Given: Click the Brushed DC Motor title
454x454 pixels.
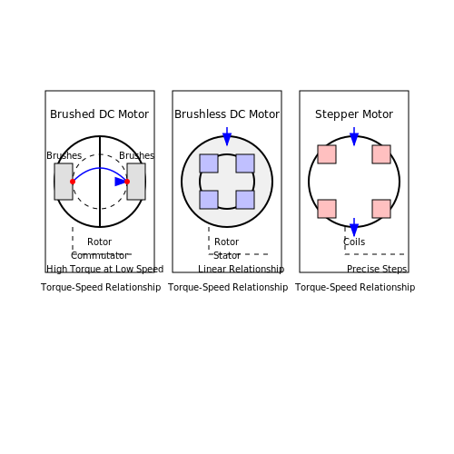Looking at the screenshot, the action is coord(99,114).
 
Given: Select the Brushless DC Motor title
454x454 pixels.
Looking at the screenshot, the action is coord(227,114).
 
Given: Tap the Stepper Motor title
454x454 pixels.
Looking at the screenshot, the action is coord(354,114).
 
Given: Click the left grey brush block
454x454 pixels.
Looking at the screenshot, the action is coord(64,182).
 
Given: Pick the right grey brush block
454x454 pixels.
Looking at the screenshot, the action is coord(136,182).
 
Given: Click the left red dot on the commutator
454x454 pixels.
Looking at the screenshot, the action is coord(73,182).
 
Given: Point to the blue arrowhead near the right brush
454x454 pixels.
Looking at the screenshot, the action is coord(121,182).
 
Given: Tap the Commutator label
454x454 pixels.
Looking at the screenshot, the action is coord(99,256).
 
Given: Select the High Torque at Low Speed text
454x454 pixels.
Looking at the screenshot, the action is coord(104,269).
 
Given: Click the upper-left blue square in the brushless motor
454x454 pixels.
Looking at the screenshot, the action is coord(209,163).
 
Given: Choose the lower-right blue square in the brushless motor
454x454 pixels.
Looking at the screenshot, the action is coord(245,200).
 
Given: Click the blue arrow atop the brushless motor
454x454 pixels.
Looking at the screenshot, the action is coord(227,136).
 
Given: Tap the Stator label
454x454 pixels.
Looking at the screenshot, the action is coord(227,256).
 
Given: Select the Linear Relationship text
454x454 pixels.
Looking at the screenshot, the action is coord(242,269).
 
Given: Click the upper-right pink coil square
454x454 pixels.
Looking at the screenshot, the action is coord(381,154).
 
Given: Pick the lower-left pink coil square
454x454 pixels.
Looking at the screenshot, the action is coord(327,209).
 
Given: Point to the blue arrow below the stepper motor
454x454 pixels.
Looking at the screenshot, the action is coord(354,227).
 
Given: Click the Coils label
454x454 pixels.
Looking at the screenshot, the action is coord(354,242).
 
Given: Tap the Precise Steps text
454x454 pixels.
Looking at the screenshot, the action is coord(377,269).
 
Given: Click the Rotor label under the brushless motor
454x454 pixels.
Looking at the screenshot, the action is coord(226,242).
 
